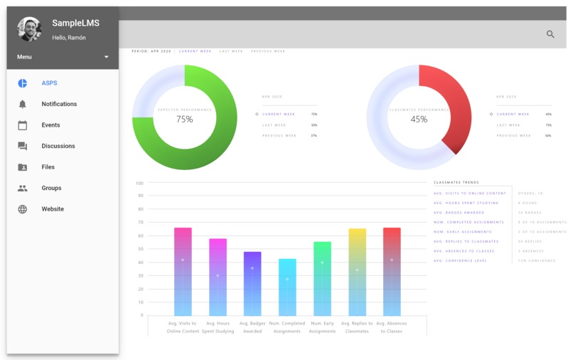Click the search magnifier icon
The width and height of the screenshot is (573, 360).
(550, 34)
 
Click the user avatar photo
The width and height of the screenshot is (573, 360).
(30, 29)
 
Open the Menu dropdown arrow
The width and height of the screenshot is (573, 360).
(107, 57)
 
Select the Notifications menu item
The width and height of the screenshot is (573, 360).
(59, 104)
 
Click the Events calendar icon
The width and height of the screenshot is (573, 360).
(23, 125)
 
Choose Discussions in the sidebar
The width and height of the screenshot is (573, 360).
(58, 146)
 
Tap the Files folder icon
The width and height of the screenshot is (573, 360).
(23, 167)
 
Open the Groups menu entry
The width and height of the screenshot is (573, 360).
(51, 188)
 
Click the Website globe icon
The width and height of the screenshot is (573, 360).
(23, 209)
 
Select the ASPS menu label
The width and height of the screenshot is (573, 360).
(49, 83)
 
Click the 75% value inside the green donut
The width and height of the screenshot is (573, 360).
(185, 120)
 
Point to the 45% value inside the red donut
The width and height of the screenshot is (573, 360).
(419, 120)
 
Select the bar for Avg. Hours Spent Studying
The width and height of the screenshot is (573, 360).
(218, 277)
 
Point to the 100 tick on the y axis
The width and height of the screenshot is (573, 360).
(140, 183)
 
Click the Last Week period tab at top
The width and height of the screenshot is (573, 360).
(231, 51)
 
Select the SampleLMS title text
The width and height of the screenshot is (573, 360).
(75, 23)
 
